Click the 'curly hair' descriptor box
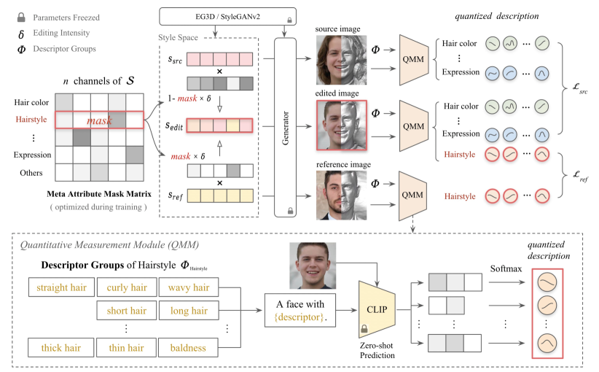(x=125, y=288)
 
